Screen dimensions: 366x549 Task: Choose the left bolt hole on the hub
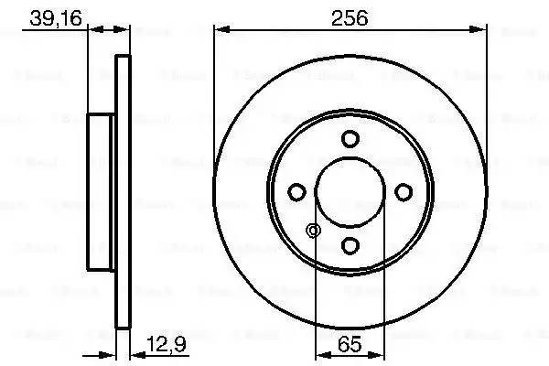296,192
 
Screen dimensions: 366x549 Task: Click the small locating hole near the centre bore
315,230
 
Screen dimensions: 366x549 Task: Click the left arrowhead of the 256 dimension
220,30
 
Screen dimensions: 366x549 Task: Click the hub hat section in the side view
102,192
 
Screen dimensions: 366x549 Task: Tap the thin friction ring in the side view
124,192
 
